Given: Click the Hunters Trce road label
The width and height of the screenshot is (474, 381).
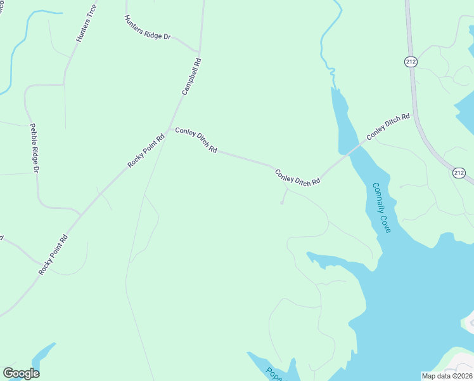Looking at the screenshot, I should point(86,23).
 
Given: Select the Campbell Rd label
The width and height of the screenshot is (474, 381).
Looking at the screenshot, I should point(191,77).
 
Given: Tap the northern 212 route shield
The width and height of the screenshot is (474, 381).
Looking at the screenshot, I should point(411,62).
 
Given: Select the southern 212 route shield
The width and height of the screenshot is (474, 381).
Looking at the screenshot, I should point(459,173).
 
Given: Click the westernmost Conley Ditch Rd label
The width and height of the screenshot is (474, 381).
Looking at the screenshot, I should point(196,140).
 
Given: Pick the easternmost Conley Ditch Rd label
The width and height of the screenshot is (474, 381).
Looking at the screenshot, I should point(388,127).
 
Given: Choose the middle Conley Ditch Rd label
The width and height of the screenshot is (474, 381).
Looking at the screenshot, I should point(297,177).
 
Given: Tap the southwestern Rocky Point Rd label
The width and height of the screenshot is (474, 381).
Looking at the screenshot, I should point(53,255).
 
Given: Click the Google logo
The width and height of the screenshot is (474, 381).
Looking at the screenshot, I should point(21,373).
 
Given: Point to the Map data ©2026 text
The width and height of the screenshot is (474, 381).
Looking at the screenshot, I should point(447,376).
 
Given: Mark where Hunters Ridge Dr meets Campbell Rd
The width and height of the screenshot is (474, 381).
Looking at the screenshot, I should point(199,52).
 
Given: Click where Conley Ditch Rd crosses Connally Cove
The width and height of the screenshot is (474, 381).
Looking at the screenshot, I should point(348,150).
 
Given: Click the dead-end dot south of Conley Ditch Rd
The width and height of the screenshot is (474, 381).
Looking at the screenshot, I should point(282,203).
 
